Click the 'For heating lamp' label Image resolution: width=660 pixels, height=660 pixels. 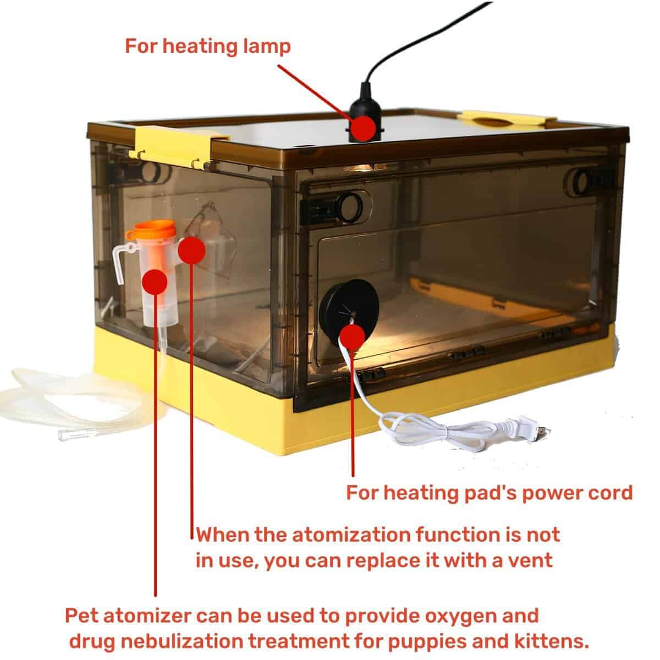[x=207, y=46]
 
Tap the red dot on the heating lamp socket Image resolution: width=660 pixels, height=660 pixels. [x=362, y=127]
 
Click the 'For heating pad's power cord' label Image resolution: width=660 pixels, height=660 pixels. [x=489, y=492]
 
